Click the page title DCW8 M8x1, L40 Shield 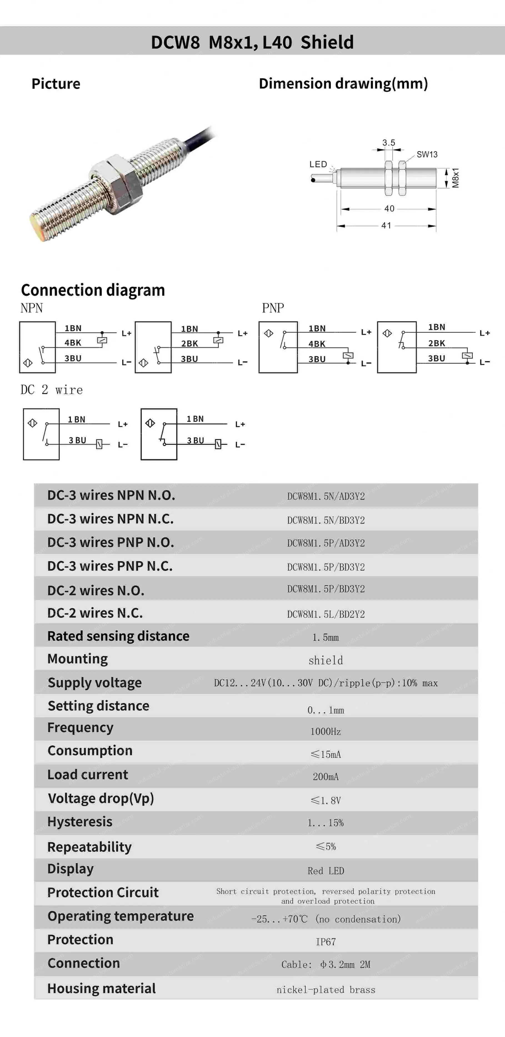click(x=252, y=42)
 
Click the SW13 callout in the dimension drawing click(x=427, y=154)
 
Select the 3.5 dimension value click(x=389, y=143)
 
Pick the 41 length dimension click(x=386, y=226)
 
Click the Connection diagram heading click(x=93, y=290)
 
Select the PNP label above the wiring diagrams click(x=273, y=308)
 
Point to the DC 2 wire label click(x=51, y=390)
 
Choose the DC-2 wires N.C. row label click(x=95, y=613)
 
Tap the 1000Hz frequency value click(x=326, y=731)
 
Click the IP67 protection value click(x=326, y=942)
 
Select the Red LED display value click(x=326, y=871)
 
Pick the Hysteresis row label click(x=80, y=822)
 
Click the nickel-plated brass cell click(x=326, y=989)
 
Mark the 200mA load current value click(x=326, y=776)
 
